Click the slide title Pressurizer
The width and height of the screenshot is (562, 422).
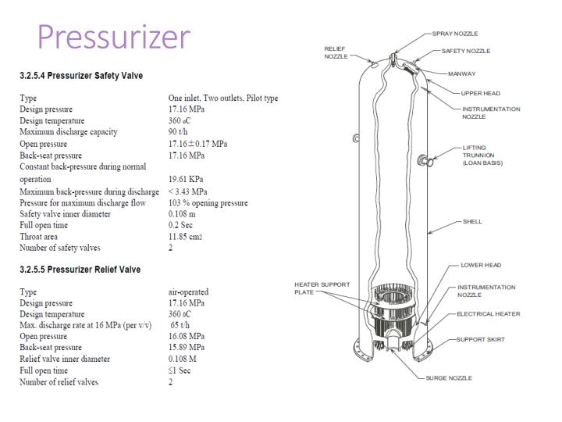click(x=113, y=37)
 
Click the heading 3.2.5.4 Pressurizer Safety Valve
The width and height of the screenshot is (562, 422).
click(x=81, y=76)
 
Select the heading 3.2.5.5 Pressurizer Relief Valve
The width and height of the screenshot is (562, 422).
click(x=80, y=270)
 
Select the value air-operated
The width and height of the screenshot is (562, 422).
click(x=188, y=292)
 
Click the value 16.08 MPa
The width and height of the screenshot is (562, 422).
click(x=187, y=337)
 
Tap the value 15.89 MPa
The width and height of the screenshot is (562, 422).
click(x=187, y=348)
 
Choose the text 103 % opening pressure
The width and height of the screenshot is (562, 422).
click(x=208, y=202)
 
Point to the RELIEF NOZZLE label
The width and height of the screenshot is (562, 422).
click(x=336, y=53)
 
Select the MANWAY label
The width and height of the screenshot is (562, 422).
click(x=461, y=74)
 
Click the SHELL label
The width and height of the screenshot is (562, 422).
click(x=471, y=222)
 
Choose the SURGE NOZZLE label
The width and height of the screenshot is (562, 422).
click(x=448, y=378)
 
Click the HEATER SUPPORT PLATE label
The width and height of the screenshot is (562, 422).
click(x=322, y=288)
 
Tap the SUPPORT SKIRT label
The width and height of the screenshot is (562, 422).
click(x=481, y=340)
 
